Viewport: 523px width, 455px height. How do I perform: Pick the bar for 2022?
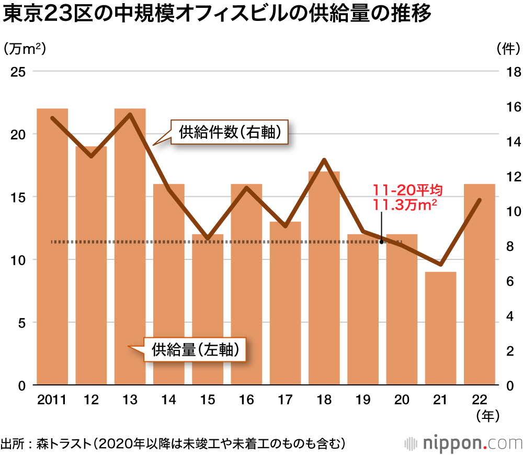480,285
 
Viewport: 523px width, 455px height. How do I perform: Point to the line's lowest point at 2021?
440,264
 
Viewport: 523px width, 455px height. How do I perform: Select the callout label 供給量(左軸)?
199,350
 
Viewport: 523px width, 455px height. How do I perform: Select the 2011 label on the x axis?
52,400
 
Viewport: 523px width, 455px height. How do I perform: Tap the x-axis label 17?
285,400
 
